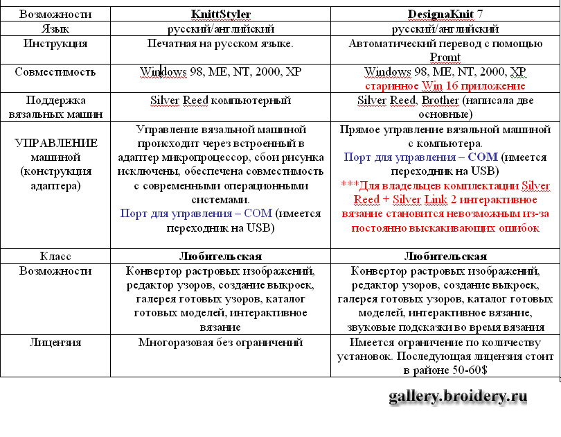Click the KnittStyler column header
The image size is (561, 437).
coord(220,14)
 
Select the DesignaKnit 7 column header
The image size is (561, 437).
coord(445,14)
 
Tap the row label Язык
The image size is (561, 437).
coord(55,29)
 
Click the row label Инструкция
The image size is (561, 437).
coord(55,44)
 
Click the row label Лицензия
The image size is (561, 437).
coord(55,342)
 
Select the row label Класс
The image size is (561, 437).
coord(55,255)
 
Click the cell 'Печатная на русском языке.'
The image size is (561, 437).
coord(220,44)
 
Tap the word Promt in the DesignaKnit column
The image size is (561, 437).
coord(445,57)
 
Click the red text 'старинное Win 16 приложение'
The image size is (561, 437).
coord(445,86)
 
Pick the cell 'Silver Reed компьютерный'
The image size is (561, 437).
coord(220,101)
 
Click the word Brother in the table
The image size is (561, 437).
coord(440,101)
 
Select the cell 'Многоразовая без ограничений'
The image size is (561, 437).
coord(220,342)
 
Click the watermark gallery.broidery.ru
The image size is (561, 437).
coord(458,397)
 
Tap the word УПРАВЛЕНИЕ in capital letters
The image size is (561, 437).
coord(55,142)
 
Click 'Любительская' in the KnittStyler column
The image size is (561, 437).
coord(220,255)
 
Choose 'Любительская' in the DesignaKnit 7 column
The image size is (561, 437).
coord(445,255)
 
